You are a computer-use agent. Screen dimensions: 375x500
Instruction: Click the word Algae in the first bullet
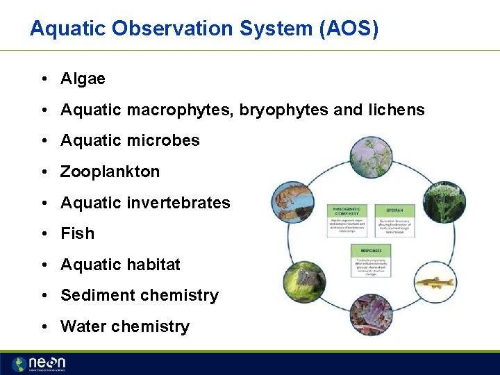83,79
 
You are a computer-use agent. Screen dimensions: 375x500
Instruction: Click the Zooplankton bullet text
110,172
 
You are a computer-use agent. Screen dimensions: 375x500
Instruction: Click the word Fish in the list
77,233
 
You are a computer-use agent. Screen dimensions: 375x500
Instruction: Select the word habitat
153,265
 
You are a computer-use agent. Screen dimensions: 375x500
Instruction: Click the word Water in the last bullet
83,326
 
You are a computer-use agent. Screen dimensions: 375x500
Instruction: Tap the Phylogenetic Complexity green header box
347,210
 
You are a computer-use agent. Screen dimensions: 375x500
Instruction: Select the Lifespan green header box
394,210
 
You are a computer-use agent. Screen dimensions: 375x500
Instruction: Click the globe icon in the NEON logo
20,364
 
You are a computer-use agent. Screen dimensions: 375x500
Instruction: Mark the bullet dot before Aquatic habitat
44,265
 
